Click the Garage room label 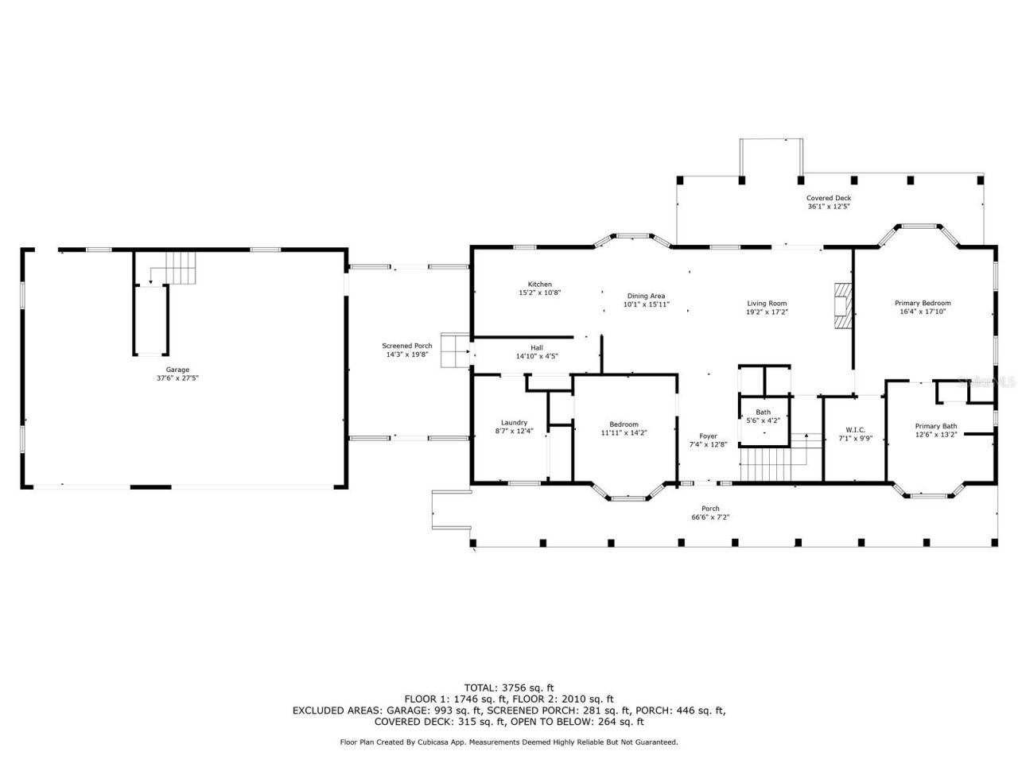(x=177, y=370)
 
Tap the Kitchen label (x=540, y=285)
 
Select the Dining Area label (x=646, y=296)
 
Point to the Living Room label (x=767, y=303)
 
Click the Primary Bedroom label (x=923, y=303)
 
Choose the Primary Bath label (x=936, y=426)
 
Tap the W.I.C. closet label (x=856, y=429)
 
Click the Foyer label (x=708, y=436)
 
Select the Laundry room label (x=514, y=423)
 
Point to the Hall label (x=537, y=347)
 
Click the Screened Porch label (x=407, y=346)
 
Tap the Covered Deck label (x=829, y=198)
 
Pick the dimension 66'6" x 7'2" (x=710, y=517)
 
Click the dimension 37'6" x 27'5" (x=177, y=378)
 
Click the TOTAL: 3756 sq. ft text (x=509, y=687)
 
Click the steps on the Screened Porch (x=456, y=351)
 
